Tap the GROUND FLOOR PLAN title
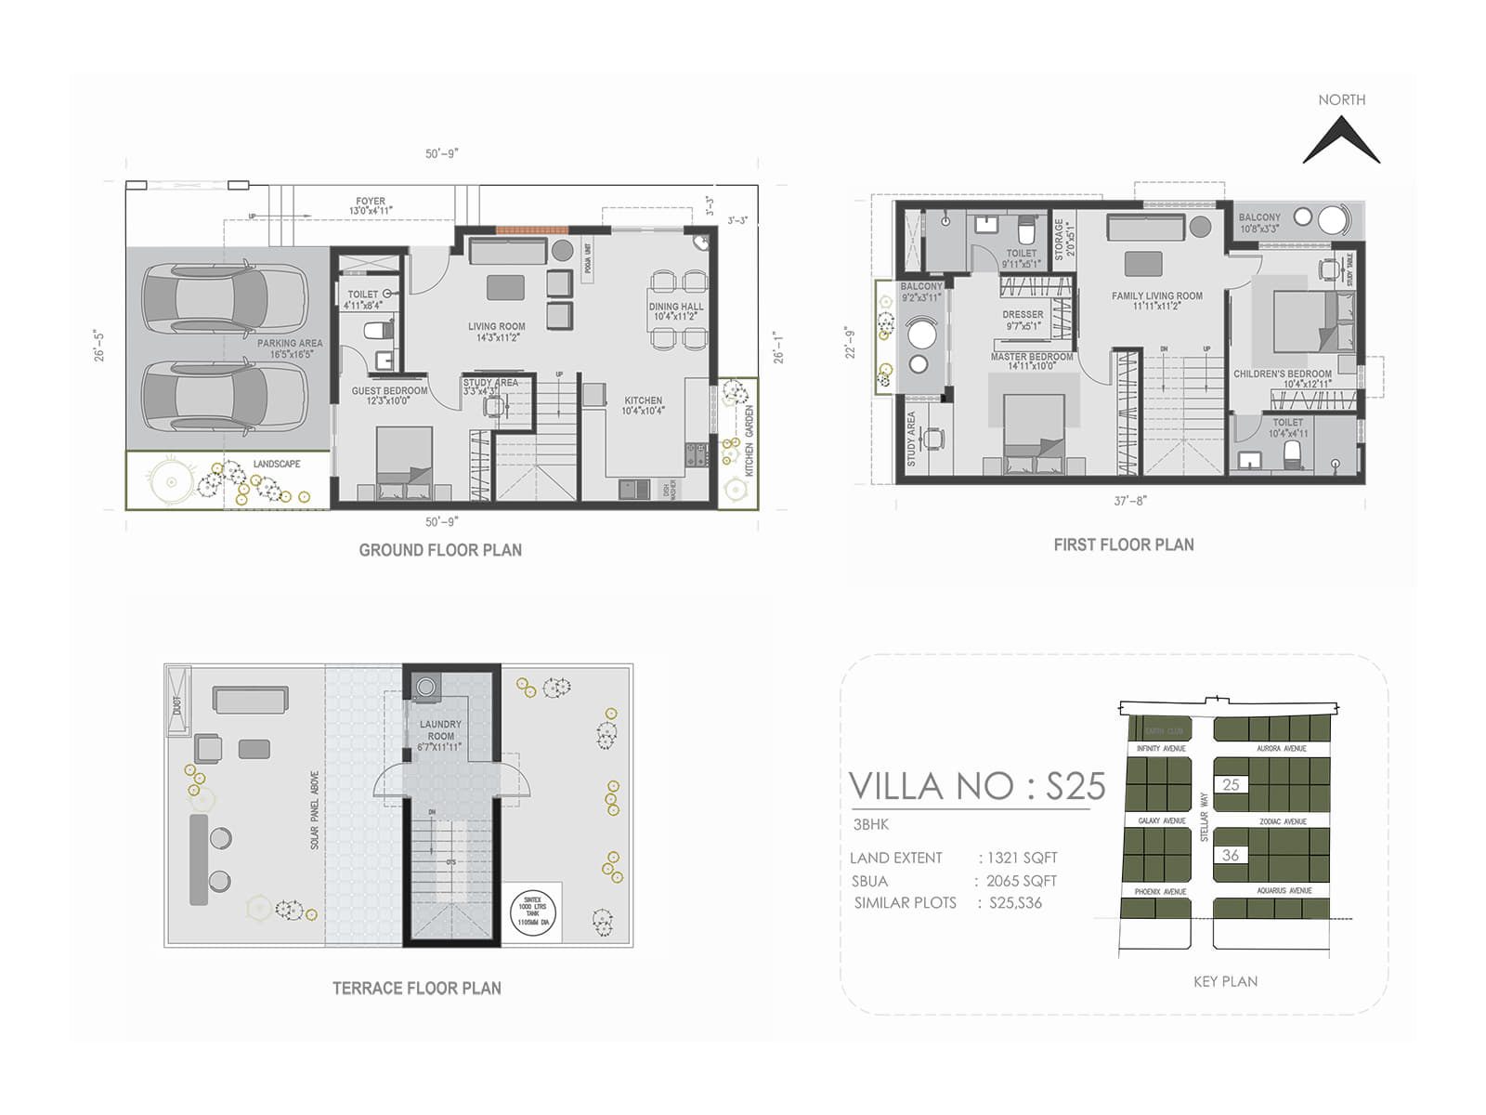pos(440,550)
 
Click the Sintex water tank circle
pos(532,912)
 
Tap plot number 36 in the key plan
pos(1231,855)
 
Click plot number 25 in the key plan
pos(1231,784)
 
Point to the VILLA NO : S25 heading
pos(977,787)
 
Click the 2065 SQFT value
pos(1021,881)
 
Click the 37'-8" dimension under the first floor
pos(1130,501)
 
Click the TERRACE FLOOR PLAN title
pos(416,989)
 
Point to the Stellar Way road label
pos(1204,817)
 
